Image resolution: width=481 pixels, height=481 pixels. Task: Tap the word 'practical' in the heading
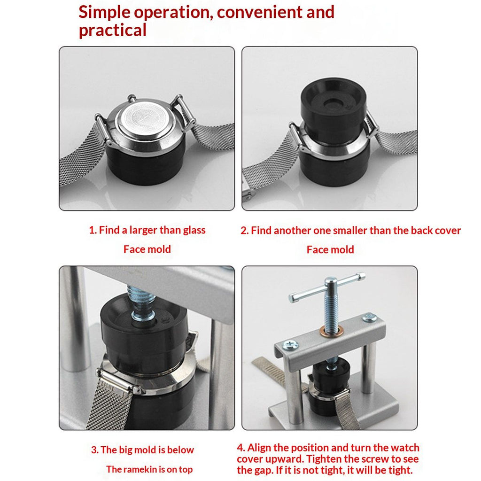tap(113, 31)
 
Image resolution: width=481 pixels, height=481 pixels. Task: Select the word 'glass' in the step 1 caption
tap(194, 230)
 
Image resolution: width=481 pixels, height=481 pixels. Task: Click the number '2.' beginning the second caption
tap(244, 231)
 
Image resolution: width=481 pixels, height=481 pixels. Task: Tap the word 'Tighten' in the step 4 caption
tap(324, 459)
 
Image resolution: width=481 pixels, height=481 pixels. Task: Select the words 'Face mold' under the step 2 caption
tap(330, 249)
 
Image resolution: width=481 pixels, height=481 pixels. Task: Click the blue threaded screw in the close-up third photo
tap(142, 304)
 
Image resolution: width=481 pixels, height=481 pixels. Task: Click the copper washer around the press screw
tap(331, 331)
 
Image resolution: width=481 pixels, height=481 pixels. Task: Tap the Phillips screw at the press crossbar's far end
tap(370, 318)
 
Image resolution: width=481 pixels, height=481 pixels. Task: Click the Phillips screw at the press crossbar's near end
tap(290, 345)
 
